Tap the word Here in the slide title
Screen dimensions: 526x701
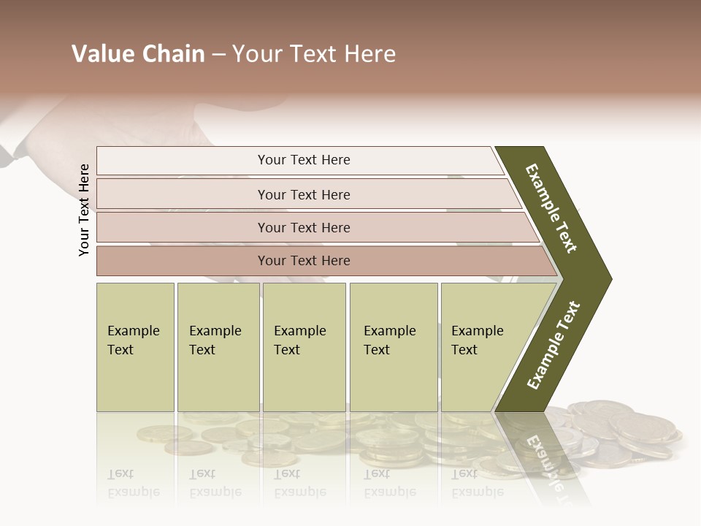point(369,54)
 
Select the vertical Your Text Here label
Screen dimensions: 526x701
point(84,210)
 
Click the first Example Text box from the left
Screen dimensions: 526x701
point(135,347)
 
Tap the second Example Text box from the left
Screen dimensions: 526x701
point(218,347)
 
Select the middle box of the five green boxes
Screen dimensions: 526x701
point(304,347)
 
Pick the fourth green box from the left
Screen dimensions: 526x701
point(394,347)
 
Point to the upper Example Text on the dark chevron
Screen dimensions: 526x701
point(551,208)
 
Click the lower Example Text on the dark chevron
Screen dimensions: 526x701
point(553,345)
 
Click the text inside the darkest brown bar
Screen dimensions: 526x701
point(304,261)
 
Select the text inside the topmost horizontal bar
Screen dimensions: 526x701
point(304,160)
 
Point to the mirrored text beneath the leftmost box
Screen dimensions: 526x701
point(134,483)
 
